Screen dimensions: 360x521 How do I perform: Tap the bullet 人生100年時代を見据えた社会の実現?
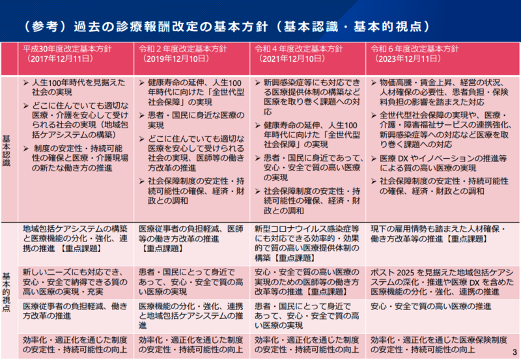pyautogui.click(x=74, y=89)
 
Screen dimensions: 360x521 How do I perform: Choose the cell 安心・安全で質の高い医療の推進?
pyautogui.click(x=430, y=306)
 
